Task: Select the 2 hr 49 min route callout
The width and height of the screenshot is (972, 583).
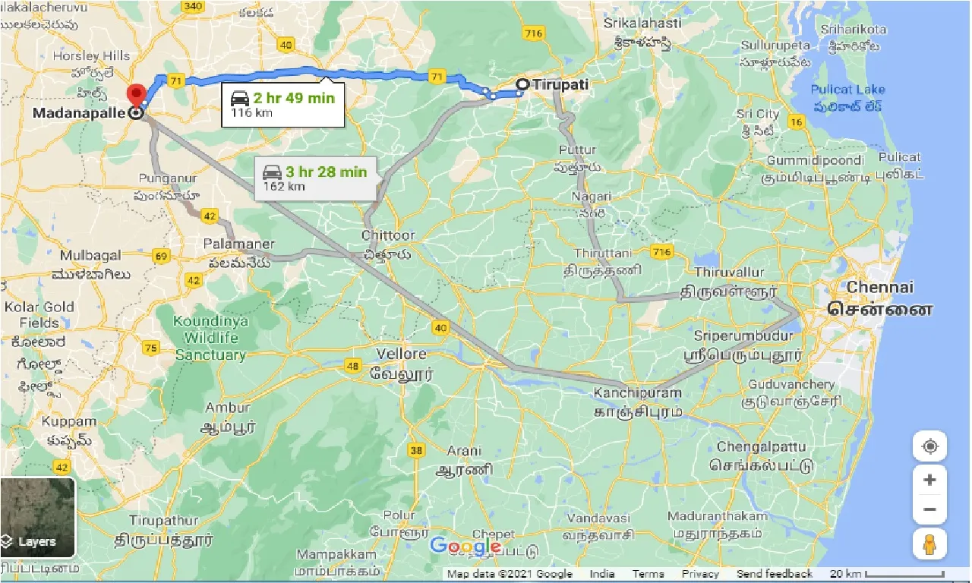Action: click(282, 105)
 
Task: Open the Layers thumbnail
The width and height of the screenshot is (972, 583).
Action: click(37, 517)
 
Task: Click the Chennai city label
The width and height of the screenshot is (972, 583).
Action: click(880, 288)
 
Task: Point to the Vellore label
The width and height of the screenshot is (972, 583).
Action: click(402, 354)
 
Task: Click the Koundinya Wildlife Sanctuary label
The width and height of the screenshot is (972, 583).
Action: click(210, 338)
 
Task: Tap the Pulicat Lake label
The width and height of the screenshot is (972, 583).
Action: click(847, 90)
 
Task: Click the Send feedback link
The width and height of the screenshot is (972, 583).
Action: click(774, 574)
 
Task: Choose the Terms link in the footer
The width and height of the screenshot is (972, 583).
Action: click(648, 574)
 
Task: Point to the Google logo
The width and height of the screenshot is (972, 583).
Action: click(465, 546)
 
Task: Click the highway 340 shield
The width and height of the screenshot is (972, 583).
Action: click(194, 7)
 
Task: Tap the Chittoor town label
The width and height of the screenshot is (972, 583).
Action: click(388, 235)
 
